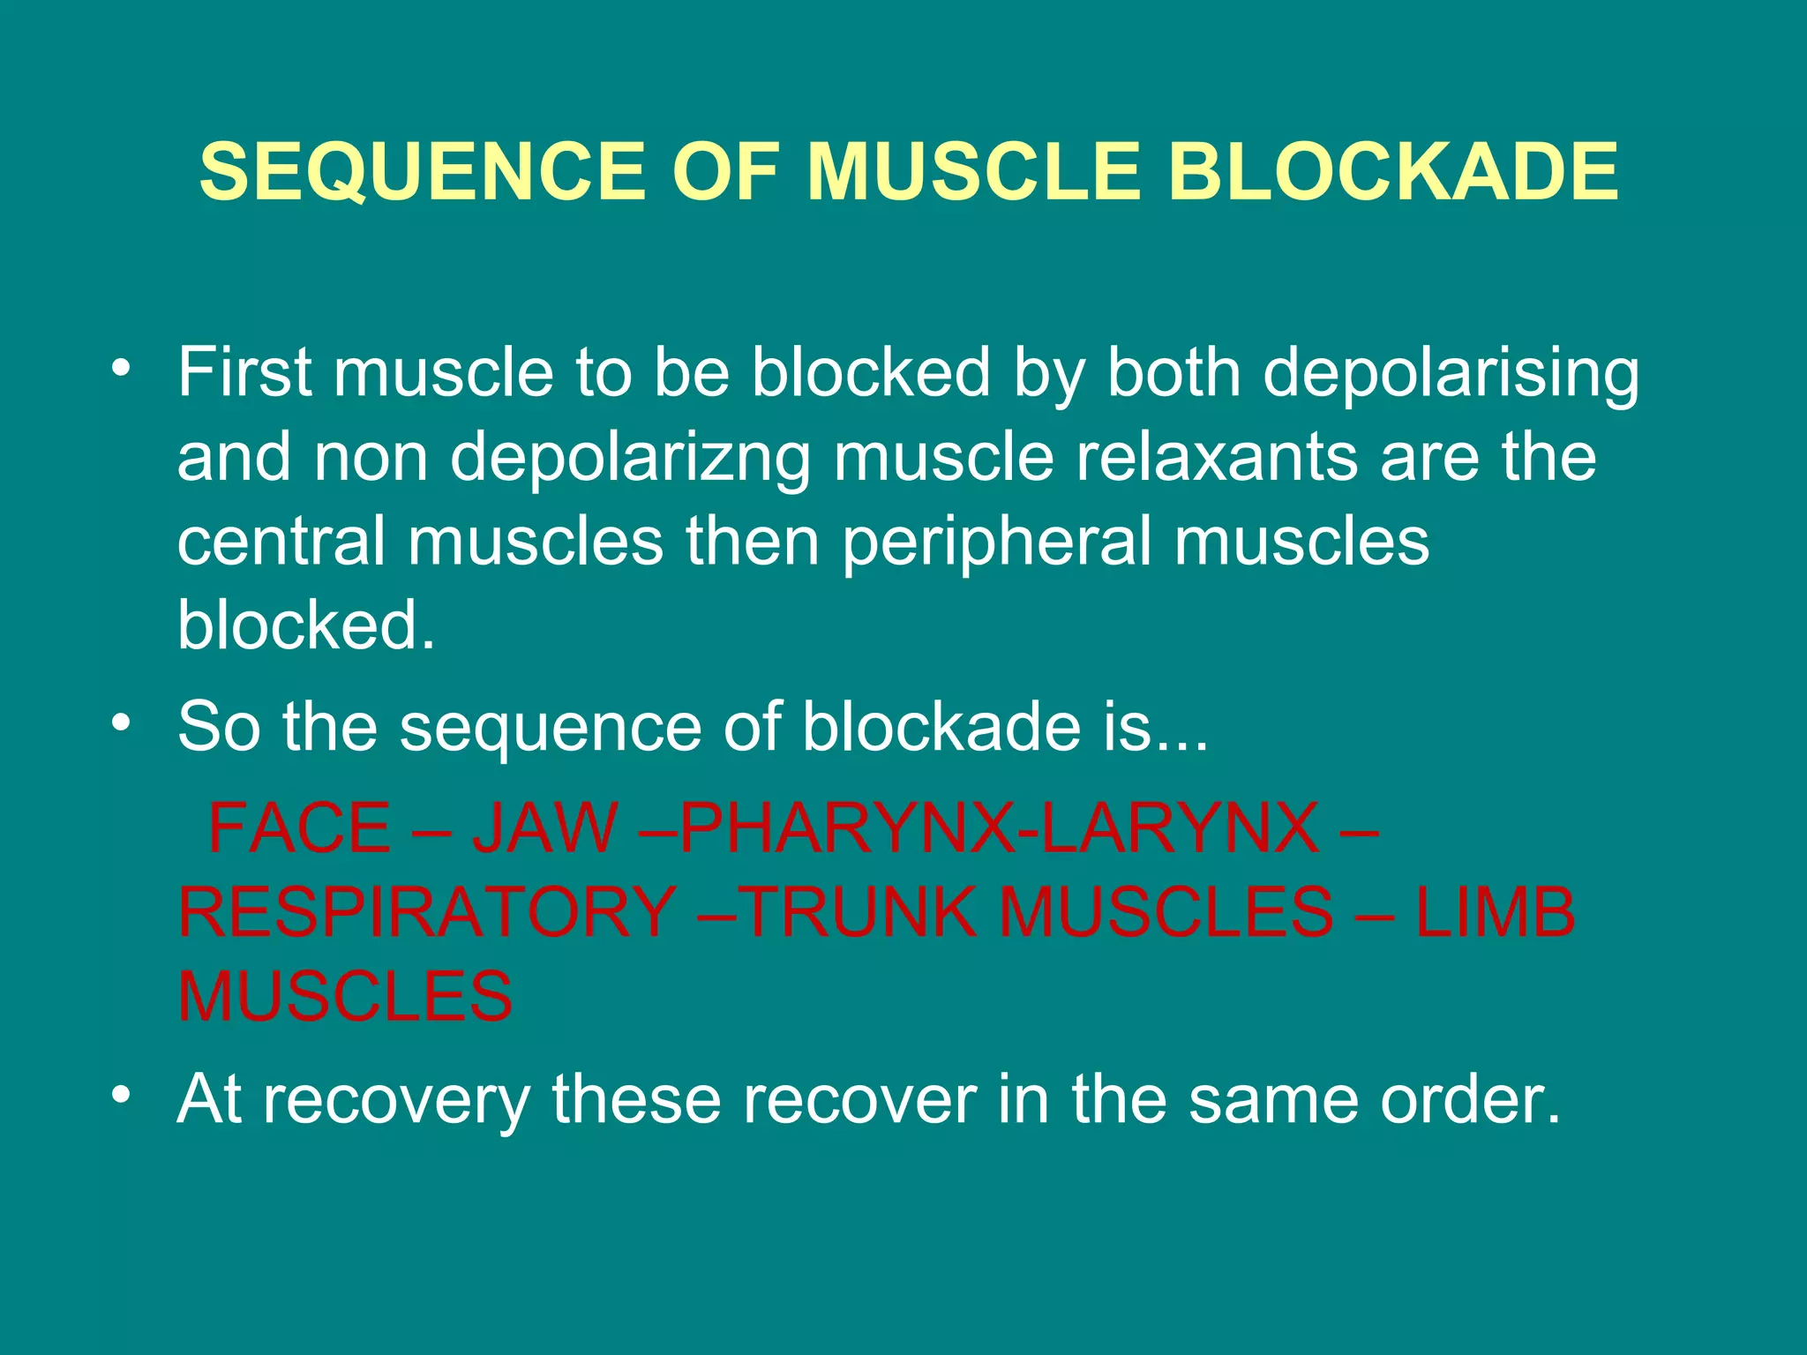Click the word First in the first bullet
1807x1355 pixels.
click(x=244, y=371)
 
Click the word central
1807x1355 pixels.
click(x=281, y=540)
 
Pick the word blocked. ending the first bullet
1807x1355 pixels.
click(x=306, y=625)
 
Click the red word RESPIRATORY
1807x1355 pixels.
click(x=427, y=912)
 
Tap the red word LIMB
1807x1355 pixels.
click(x=1495, y=912)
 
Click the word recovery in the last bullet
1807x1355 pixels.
click(x=397, y=1100)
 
